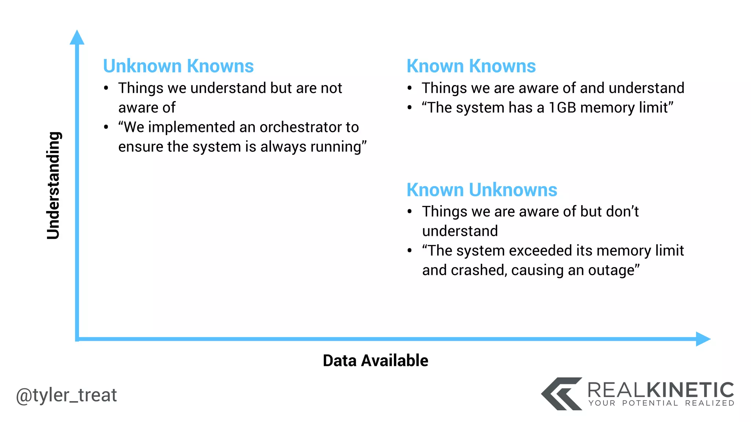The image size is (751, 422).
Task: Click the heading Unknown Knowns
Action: (178, 66)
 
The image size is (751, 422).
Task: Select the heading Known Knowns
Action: (471, 66)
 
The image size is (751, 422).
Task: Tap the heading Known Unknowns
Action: (482, 190)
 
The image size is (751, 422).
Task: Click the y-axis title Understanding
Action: (54, 185)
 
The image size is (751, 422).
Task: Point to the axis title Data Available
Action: (375, 360)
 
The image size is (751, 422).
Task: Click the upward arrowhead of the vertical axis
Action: (77, 38)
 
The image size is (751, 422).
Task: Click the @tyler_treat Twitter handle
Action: (66, 395)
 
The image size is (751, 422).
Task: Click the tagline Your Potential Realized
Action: (661, 403)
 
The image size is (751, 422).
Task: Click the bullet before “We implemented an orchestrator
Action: (106, 127)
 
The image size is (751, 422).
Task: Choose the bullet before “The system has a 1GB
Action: (410, 108)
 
